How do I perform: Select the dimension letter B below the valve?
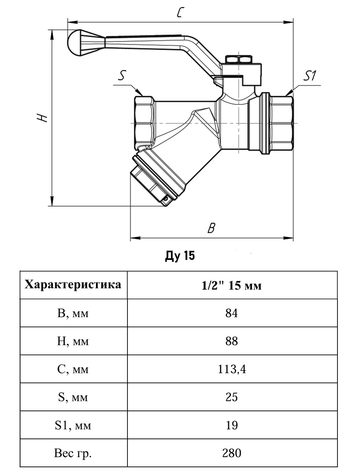(211, 228)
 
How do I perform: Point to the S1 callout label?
(311, 76)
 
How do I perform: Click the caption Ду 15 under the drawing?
(180, 256)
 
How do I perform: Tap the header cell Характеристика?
(73, 285)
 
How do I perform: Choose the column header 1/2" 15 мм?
(232, 286)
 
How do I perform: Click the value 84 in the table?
(232, 313)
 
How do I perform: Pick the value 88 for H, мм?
(232, 341)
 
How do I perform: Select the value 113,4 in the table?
(232, 369)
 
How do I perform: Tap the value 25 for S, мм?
(232, 397)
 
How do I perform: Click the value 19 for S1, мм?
(232, 425)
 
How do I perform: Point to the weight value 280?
(232, 453)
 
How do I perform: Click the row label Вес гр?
(73, 453)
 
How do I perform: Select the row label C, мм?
(73, 369)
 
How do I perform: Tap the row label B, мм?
(73, 313)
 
